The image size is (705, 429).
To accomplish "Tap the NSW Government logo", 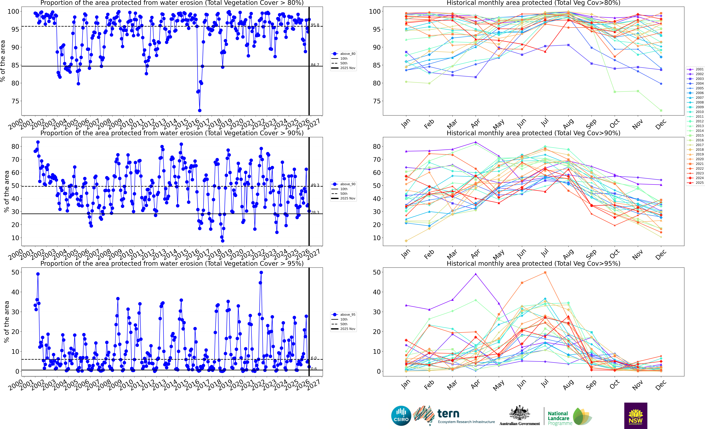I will [x=636, y=416].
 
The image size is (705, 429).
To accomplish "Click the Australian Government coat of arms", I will [x=519, y=413].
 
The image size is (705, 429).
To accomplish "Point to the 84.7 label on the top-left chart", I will [x=315, y=65].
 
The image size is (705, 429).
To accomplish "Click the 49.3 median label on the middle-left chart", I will [x=315, y=185].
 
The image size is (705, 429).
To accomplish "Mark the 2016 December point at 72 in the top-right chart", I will [x=661, y=110].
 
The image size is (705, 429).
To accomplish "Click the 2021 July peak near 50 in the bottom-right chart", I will [x=545, y=273].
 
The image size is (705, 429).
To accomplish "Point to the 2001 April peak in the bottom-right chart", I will [x=476, y=274].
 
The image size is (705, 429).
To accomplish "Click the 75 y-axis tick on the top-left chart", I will [x=15, y=101].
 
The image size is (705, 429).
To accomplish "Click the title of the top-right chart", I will [x=533, y=3].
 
